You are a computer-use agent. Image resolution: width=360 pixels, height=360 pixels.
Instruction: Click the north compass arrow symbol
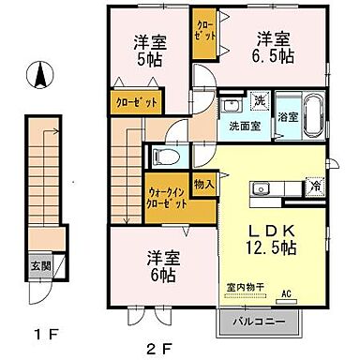[38, 76]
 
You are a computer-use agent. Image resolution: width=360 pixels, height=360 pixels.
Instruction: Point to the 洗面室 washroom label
[238, 126]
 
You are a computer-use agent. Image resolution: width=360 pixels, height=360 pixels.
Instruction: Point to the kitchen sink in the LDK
[260, 191]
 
